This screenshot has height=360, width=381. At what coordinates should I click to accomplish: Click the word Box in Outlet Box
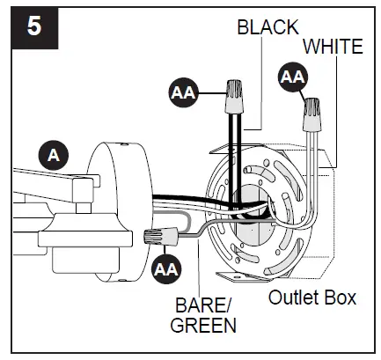point(341,298)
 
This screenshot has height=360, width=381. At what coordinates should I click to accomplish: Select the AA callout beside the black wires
point(183,90)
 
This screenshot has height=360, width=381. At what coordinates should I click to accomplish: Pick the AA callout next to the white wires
point(292,78)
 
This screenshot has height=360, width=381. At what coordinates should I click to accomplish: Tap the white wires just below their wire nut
point(310,145)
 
